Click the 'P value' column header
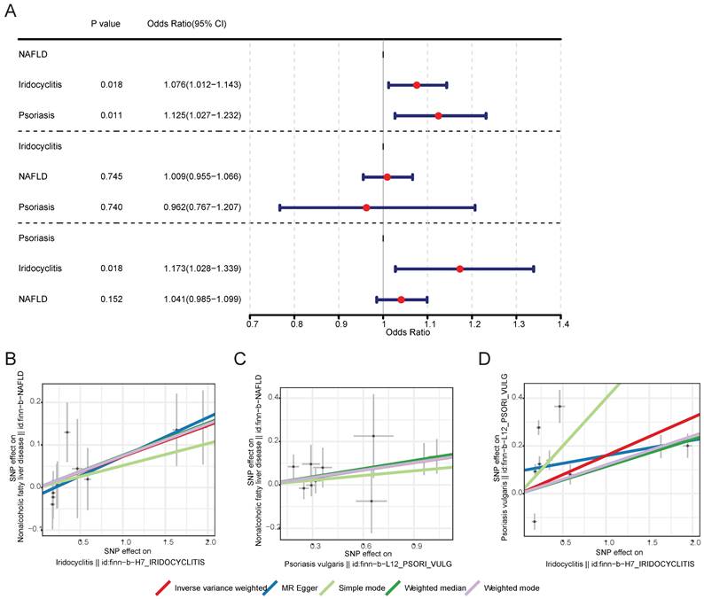[x=106, y=23]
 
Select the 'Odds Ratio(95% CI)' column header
[x=187, y=23]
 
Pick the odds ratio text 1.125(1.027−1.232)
[x=202, y=116]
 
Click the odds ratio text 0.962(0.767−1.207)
[x=202, y=207]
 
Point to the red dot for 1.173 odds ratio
[x=459, y=268]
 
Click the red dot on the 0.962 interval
[x=366, y=207]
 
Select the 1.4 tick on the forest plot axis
[x=561, y=325]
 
